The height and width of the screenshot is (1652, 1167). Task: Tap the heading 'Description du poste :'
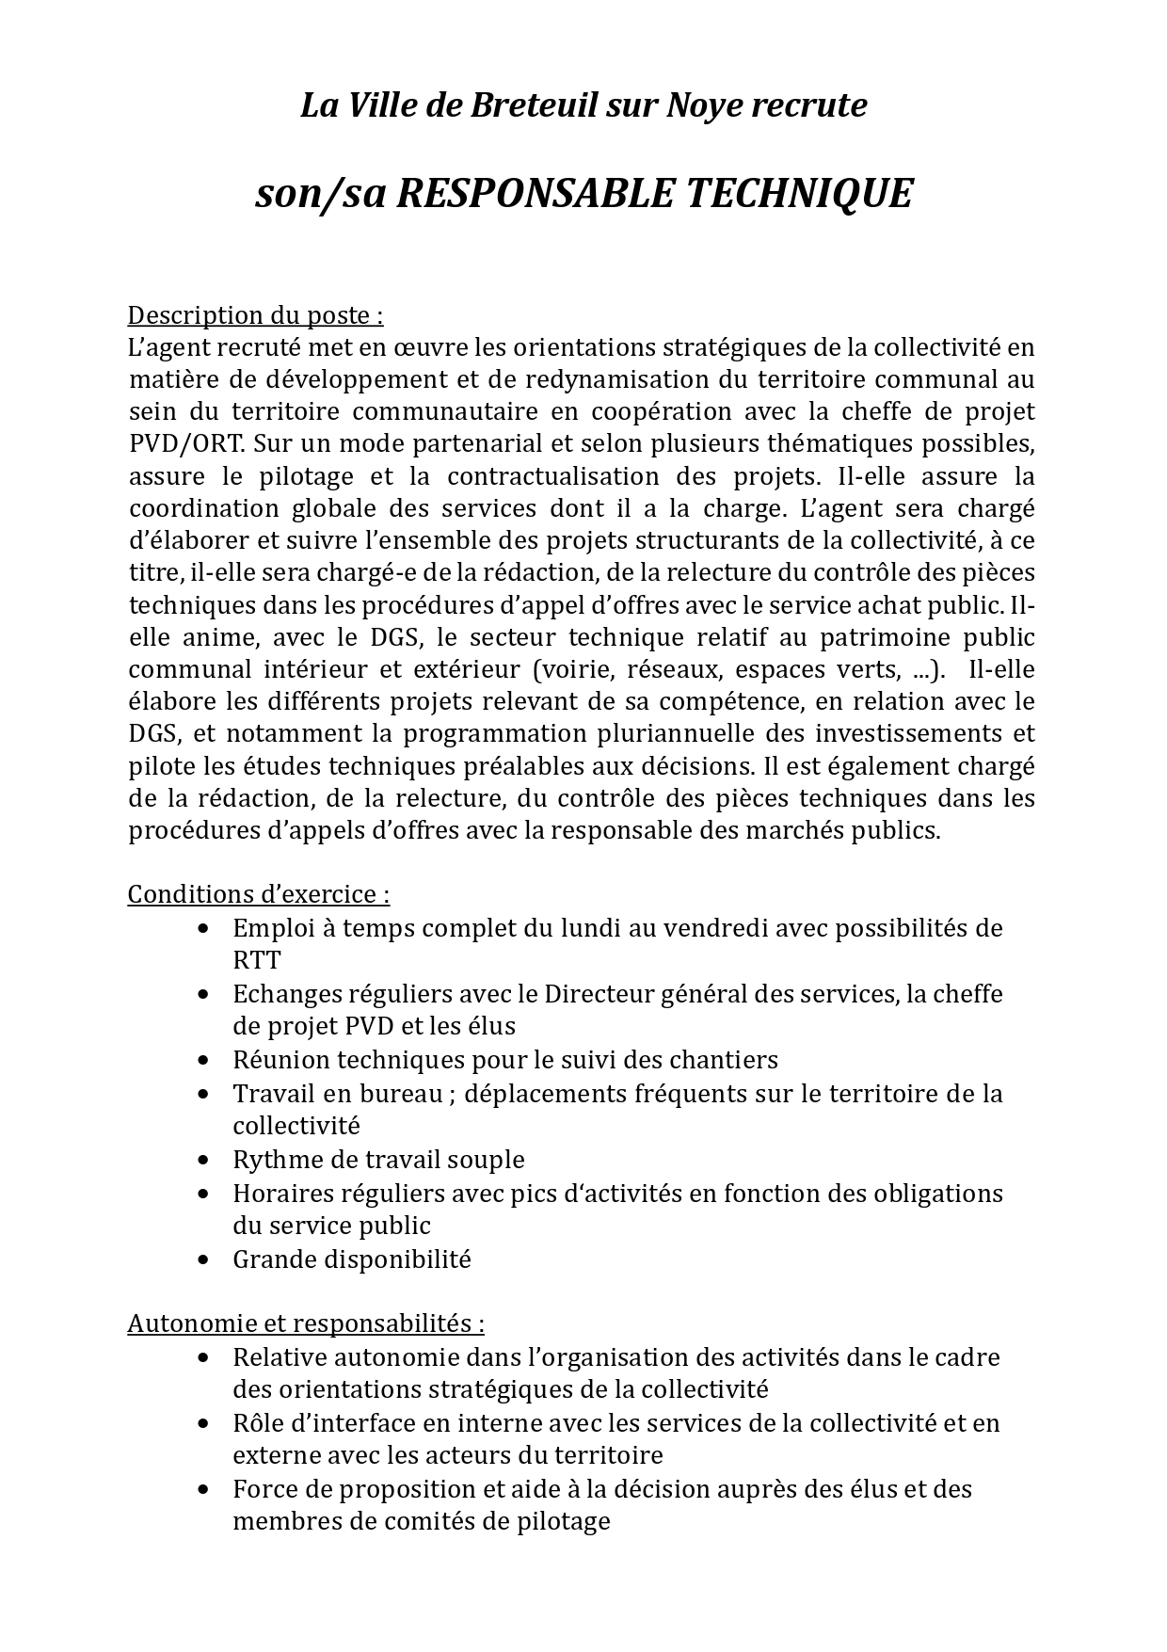[x=255, y=314]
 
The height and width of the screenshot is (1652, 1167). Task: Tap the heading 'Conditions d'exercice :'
[x=258, y=893]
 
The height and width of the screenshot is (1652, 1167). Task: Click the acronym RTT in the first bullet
[x=256, y=960]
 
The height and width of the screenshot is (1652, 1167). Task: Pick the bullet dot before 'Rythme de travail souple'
[x=204, y=1160]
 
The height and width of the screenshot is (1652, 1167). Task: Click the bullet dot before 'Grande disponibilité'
[x=204, y=1259]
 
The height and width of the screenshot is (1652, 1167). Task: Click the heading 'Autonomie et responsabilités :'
[x=306, y=1323]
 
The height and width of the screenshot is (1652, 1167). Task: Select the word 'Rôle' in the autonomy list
[x=257, y=1423]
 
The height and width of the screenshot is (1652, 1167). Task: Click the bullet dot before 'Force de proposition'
[x=204, y=1489]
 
